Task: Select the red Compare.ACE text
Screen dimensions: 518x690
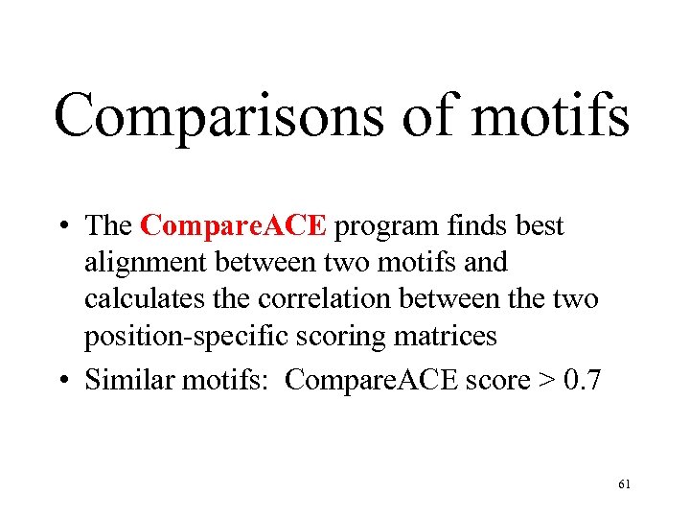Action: pyautogui.click(x=234, y=226)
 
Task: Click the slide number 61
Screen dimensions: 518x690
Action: pyautogui.click(x=624, y=485)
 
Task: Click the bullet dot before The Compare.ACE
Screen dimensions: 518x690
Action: pyautogui.click(x=62, y=227)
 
